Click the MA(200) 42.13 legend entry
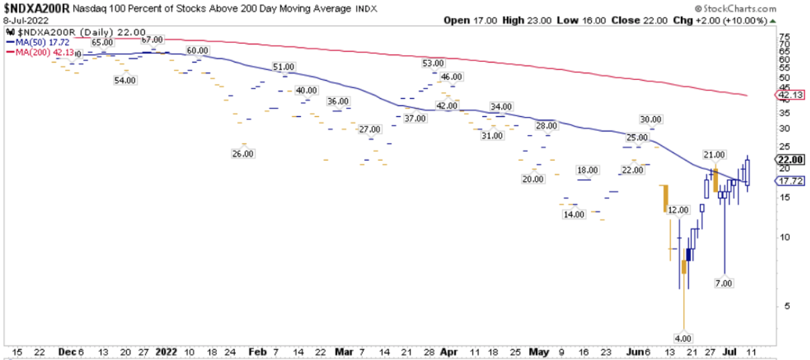(x=36, y=50)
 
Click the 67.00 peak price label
(x=153, y=40)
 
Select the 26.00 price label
(x=243, y=153)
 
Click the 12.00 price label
(x=678, y=211)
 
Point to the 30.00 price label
(x=650, y=120)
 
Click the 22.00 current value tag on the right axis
(x=790, y=160)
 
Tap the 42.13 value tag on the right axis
(x=790, y=95)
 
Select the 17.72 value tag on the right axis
(x=790, y=181)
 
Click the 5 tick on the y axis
(x=780, y=306)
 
